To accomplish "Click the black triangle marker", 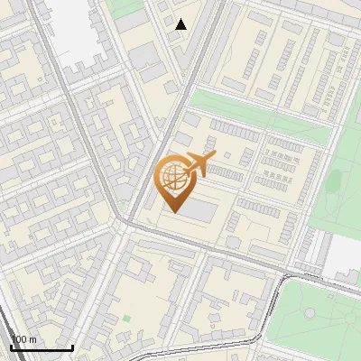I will coord(181,24).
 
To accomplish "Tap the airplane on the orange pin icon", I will coord(198,164).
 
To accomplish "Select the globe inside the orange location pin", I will coord(171,177).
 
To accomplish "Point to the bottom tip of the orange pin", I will coord(171,212).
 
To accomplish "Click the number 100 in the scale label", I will coord(18,339).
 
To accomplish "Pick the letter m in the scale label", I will coord(32,339).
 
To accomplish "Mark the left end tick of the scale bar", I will coord(10,347).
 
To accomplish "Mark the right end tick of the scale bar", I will coord(72,347).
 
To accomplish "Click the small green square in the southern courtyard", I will coord(126,318).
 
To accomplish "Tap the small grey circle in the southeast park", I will coord(310,313).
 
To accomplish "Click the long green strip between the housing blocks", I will coord(262,113).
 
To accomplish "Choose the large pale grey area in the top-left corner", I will coord(77,32).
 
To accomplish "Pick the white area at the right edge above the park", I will coord(344,257).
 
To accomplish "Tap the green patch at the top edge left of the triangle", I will coord(126,7).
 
